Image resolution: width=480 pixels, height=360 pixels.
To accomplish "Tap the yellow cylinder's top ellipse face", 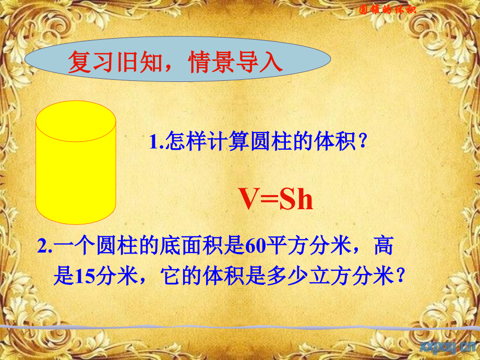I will pos(76,121).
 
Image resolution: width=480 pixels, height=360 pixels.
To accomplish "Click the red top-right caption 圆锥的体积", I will pos(388,9).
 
